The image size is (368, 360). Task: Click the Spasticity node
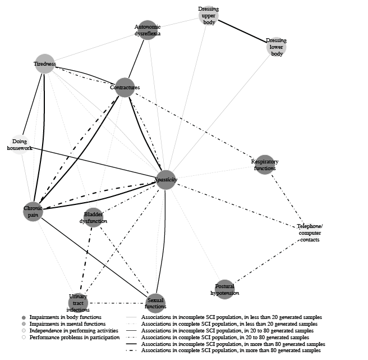(166, 180)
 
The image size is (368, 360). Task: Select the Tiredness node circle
(44, 63)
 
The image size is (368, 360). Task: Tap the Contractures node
(125, 87)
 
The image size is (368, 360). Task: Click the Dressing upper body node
(208, 15)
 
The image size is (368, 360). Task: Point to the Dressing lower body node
(276, 47)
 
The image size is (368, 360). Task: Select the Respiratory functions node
(264, 165)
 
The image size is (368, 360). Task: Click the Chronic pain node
(33, 212)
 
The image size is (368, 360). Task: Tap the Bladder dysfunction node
(93, 217)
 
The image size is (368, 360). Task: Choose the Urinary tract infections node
(78, 302)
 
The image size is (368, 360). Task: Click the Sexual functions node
(155, 302)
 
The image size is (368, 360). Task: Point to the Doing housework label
(20, 144)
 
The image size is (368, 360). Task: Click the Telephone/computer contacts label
(309, 233)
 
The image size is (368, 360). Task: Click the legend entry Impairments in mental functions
(62, 324)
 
